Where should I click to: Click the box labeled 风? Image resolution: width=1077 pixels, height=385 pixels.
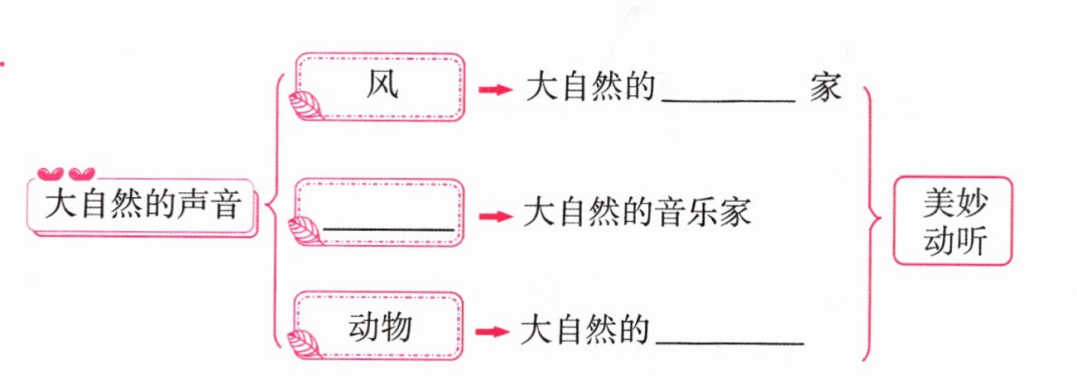pos(379,86)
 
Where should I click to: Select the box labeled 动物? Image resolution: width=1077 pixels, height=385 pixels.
pos(379,329)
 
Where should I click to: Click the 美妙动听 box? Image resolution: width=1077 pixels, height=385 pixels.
pos(953,221)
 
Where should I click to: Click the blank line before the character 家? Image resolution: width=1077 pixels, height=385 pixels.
pos(728,98)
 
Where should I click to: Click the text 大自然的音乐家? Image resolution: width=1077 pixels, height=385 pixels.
pos(637,213)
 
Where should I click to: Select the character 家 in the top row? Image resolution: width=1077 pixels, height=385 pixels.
pos(825,88)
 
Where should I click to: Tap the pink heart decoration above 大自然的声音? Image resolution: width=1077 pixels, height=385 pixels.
pos(66,174)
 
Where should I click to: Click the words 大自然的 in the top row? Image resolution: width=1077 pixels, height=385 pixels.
pos(590,88)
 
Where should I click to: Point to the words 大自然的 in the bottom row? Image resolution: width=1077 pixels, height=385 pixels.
pos(584,330)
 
